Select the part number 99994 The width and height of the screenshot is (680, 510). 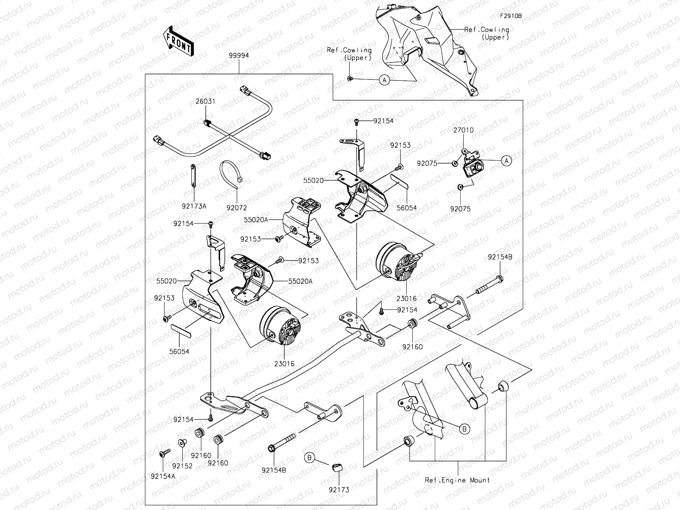[x=238, y=55]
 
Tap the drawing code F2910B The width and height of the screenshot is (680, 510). [x=510, y=16]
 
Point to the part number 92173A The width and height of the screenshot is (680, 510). [x=194, y=206]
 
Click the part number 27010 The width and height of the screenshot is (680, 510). [x=463, y=130]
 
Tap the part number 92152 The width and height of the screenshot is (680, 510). [x=182, y=466]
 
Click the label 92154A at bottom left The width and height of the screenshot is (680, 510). [x=163, y=476]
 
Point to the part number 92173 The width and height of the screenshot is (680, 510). [x=339, y=490]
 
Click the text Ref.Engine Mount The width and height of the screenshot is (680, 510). [x=457, y=480]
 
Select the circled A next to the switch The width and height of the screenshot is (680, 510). [x=506, y=160]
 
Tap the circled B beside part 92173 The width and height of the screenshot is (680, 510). [x=310, y=458]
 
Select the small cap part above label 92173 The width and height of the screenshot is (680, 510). [x=337, y=468]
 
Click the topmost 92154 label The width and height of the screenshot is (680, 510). [x=383, y=121]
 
